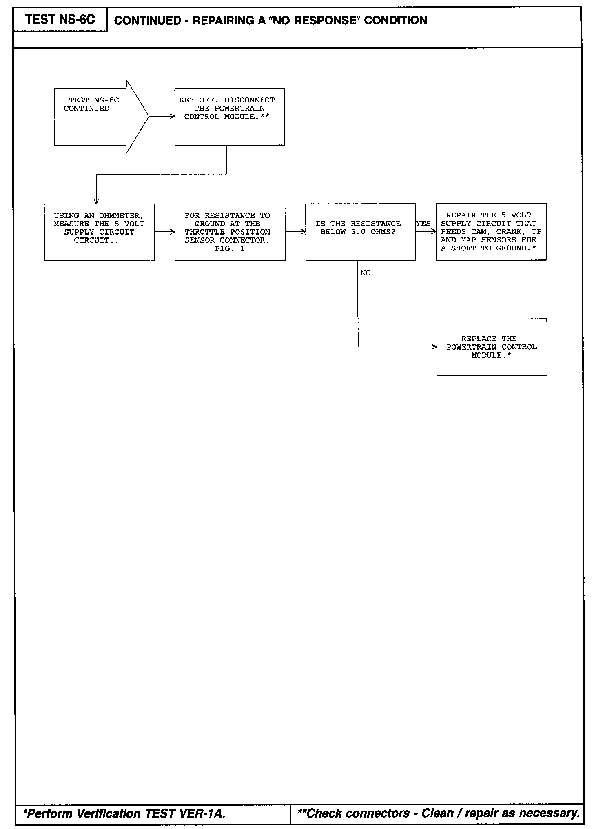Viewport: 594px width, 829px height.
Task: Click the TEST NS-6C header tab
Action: click(x=60, y=20)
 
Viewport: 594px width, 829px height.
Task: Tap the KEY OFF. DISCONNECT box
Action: click(x=229, y=117)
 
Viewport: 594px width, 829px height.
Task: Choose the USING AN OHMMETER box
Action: click(x=99, y=232)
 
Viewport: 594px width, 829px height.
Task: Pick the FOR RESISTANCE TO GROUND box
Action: click(x=230, y=232)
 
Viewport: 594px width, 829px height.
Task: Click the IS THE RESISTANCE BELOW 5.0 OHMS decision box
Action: click(x=360, y=232)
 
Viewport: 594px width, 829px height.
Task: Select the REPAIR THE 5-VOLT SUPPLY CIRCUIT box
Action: click(x=491, y=232)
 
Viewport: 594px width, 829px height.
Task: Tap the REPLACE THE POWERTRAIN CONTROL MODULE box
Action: click(x=492, y=347)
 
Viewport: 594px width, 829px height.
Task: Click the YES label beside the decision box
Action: click(x=423, y=224)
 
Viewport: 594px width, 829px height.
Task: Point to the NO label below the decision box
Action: click(x=366, y=273)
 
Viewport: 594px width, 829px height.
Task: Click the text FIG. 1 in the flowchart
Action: click(x=230, y=248)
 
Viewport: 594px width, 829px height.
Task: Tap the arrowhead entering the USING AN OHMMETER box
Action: click(x=96, y=201)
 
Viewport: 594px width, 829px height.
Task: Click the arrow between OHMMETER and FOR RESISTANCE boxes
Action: click(x=165, y=232)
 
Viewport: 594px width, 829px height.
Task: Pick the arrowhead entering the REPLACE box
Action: click(x=434, y=347)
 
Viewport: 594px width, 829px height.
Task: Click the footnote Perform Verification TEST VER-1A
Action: click(x=124, y=814)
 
